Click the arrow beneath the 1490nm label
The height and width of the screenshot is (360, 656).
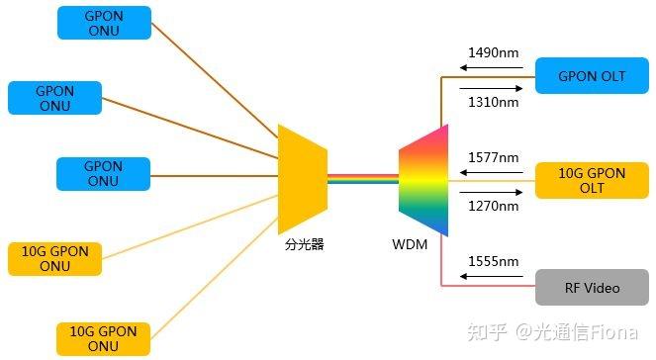tap(490, 68)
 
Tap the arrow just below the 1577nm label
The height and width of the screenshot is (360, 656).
tap(490, 172)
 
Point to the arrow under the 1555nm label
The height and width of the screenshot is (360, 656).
tap(490, 277)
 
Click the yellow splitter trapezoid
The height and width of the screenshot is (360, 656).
tap(302, 179)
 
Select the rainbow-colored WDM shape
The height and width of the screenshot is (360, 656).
tap(423, 180)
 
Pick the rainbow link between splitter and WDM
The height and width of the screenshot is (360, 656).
tap(362, 179)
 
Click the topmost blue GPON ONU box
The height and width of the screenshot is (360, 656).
tap(104, 22)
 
